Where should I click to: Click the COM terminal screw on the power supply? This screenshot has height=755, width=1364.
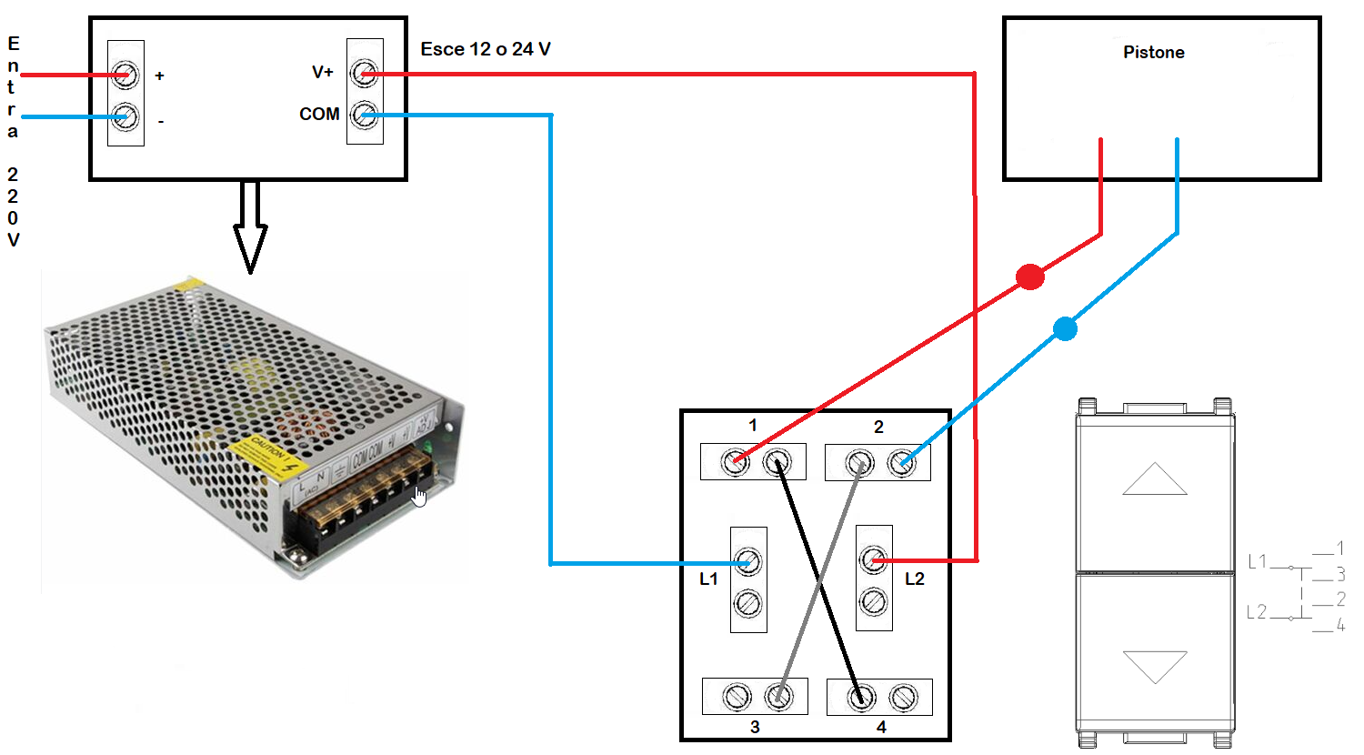(365, 115)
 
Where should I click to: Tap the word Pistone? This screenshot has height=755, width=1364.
(1153, 52)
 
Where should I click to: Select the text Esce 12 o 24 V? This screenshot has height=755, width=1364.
(486, 49)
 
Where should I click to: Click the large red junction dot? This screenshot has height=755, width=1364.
(1029, 277)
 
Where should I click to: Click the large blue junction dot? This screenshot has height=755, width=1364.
(1065, 328)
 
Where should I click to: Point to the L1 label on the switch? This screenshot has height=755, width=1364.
(708, 579)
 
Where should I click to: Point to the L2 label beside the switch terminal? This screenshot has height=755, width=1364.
(915, 579)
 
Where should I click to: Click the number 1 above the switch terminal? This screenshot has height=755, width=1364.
(753, 425)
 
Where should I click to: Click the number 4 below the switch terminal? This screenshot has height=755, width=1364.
(881, 727)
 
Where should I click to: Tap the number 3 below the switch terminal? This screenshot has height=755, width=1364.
(755, 727)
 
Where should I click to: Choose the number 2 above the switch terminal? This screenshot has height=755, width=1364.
(878, 427)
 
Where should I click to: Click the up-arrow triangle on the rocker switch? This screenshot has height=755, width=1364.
(1154, 480)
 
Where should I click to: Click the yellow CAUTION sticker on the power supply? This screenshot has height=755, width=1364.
(267, 455)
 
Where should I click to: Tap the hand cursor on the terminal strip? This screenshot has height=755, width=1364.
(418, 496)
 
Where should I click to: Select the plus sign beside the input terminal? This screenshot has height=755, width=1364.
(160, 75)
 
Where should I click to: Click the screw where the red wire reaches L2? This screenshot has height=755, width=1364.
(873, 559)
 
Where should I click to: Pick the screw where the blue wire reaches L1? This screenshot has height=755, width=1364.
(747, 561)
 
